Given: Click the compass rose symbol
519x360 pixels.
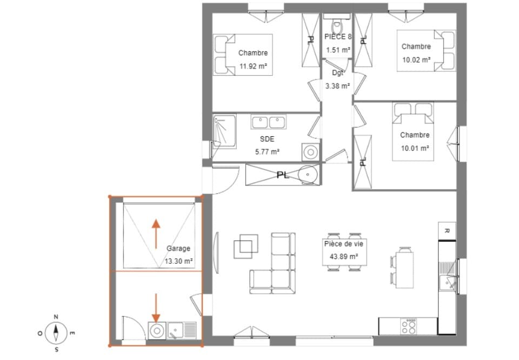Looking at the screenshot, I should [56, 332].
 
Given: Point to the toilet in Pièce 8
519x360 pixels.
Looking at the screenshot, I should [337, 24].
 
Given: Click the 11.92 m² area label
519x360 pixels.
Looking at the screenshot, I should [253, 68].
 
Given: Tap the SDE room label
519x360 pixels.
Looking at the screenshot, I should [267, 139].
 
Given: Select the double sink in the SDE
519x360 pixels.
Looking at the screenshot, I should [268, 122].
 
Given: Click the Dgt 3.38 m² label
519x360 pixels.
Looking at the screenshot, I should [338, 79].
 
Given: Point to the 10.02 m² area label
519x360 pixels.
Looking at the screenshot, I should [416, 60].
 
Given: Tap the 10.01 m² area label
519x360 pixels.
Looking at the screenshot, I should [415, 148].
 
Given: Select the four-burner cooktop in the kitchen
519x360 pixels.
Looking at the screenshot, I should [409, 325].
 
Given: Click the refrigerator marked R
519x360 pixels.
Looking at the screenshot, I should [447, 230].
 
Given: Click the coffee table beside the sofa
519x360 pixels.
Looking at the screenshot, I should [247, 246].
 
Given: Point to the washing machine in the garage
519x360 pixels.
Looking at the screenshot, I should [157, 330].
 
